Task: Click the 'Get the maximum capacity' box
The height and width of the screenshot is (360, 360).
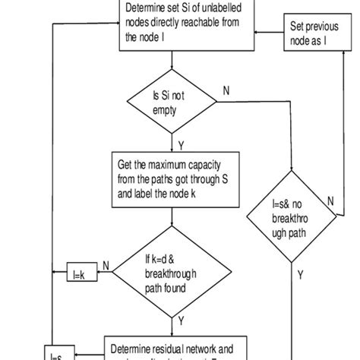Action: pos(174,175)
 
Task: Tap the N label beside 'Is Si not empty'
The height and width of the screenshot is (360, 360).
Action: pos(226,90)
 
